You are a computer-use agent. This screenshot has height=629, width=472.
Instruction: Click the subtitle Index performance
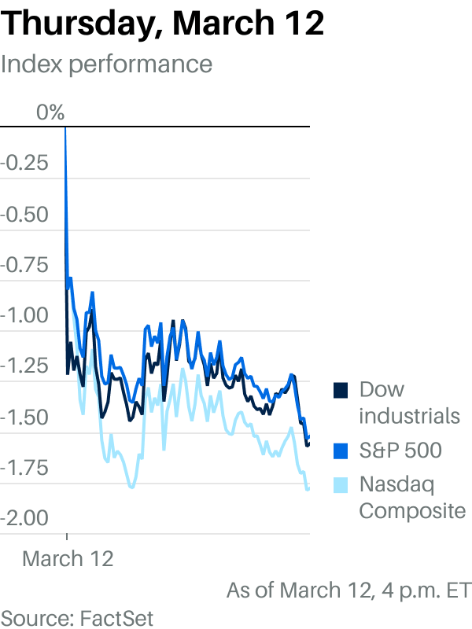coord(106,64)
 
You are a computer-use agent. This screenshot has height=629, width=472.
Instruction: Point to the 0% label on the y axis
coord(50,112)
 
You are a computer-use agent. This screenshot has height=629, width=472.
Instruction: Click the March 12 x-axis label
coord(68,558)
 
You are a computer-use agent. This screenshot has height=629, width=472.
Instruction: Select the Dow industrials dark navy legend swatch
coord(341,390)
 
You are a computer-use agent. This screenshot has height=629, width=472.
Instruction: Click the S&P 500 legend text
coord(400,451)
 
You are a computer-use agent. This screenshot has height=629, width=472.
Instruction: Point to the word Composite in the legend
coord(412,510)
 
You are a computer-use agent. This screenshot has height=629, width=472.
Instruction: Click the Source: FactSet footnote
coord(77,616)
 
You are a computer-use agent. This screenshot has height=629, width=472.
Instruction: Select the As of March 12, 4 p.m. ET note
coord(348,590)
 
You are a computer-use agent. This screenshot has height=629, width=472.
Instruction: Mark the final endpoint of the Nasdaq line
coord(308,488)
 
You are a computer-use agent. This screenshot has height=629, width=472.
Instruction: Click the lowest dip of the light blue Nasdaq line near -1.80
coord(131,487)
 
